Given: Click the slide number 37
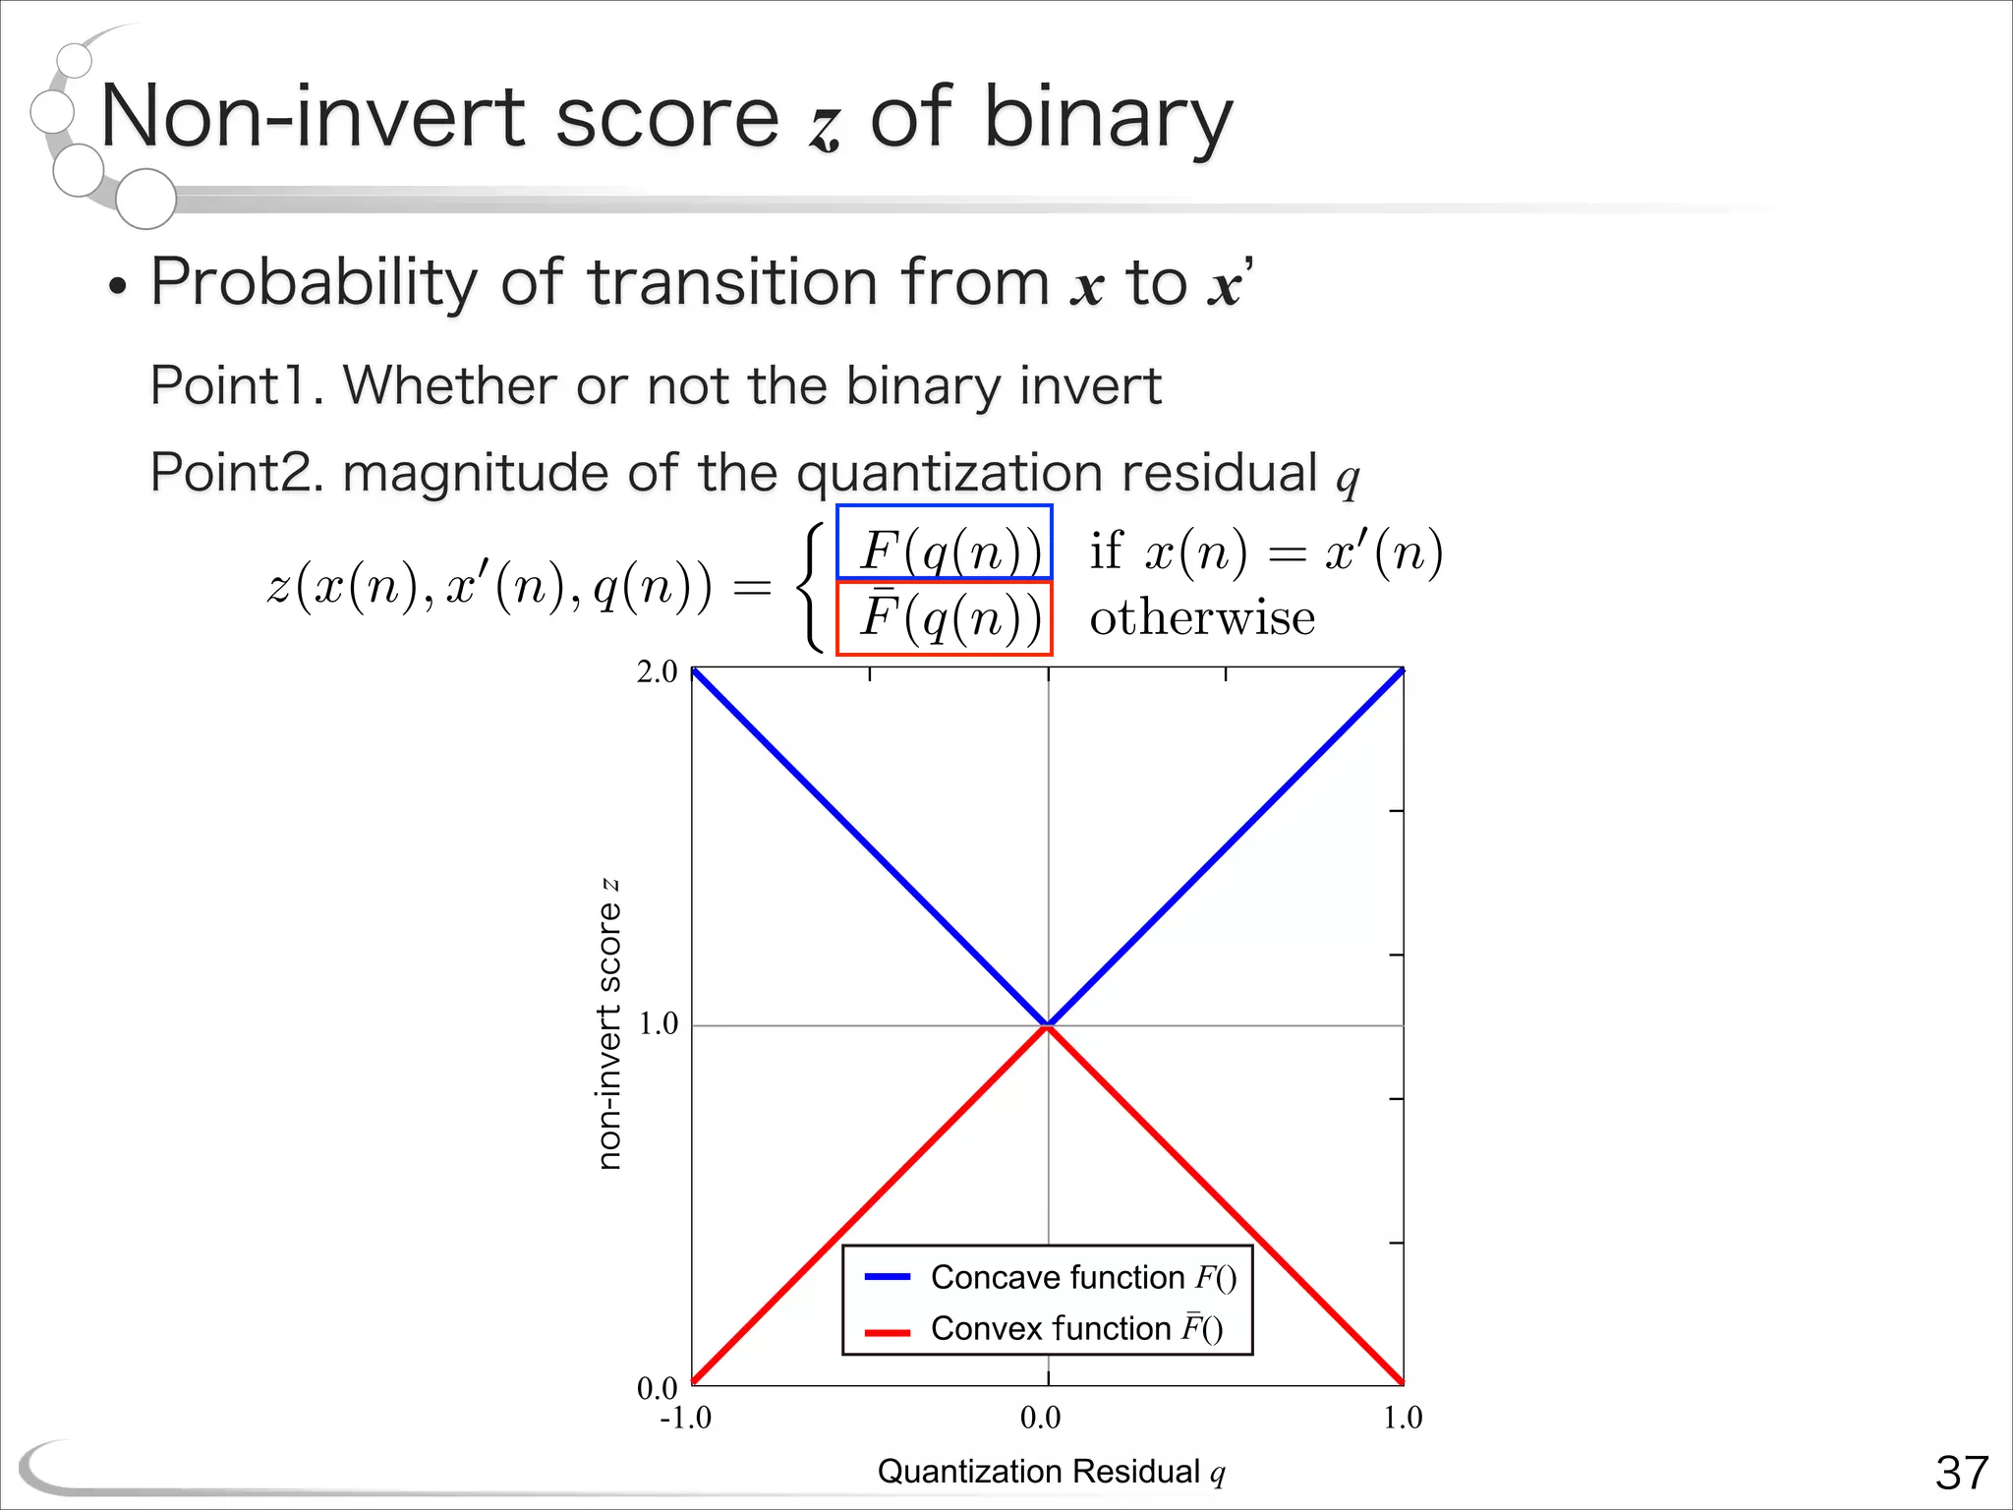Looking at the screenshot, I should (x=1961, y=1473).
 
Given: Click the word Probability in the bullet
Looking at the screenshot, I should (x=314, y=283).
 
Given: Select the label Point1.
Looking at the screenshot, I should (x=236, y=385).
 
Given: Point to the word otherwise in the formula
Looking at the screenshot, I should (x=1201, y=618).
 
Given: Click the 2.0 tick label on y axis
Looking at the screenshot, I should (x=657, y=672).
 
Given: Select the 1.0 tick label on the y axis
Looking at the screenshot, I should (x=658, y=1024).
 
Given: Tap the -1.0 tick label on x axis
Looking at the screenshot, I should (x=685, y=1418).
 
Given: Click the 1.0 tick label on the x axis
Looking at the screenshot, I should (x=1403, y=1418).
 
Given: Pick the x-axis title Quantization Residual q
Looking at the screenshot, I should (x=1051, y=1472).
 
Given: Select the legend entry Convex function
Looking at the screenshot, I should (x=1076, y=1329).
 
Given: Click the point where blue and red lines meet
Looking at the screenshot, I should (x=1049, y=1025).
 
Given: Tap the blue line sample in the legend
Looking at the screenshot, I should (x=888, y=1277).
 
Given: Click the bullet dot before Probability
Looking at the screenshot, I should (x=118, y=288).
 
